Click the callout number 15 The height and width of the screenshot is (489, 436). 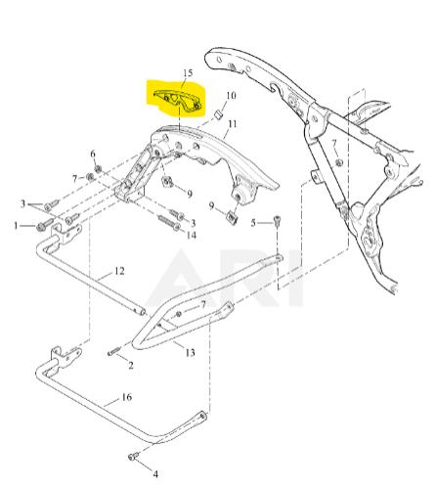pyautogui.click(x=188, y=72)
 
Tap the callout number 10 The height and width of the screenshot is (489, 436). pyautogui.click(x=231, y=96)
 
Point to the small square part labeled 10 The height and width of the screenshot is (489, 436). pyautogui.click(x=218, y=114)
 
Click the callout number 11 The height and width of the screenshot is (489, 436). pyautogui.click(x=233, y=124)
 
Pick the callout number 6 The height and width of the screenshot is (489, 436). pyautogui.click(x=93, y=154)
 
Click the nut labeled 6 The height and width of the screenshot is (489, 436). pyautogui.click(x=98, y=169)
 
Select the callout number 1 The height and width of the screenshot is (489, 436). pyautogui.click(x=16, y=225)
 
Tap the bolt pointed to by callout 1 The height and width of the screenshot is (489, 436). pyautogui.click(x=44, y=225)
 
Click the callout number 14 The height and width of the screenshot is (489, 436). pyautogui.click(x=192, y=235)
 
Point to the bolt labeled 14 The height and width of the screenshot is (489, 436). pyautogui.click(x=169, y=223)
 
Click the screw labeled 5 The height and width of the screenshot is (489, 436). pyautogui.click(x=277, y=221)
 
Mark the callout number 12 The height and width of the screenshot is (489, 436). pyautogui.click(x=119, y=271)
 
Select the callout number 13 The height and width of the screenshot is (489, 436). pyautogui.click(x=190, y=352)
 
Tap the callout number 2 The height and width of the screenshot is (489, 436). pyautogui.click(x=131, y=365)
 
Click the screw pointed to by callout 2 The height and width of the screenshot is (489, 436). pyautogui.click(x=113, y=352)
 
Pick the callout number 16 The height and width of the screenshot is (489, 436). pyautogui.click(x=127, y=397)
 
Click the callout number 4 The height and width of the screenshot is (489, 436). pyautogui.click(x=155, y=474)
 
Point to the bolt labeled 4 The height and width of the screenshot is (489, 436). pyautogui.click(x=134, y=456)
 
